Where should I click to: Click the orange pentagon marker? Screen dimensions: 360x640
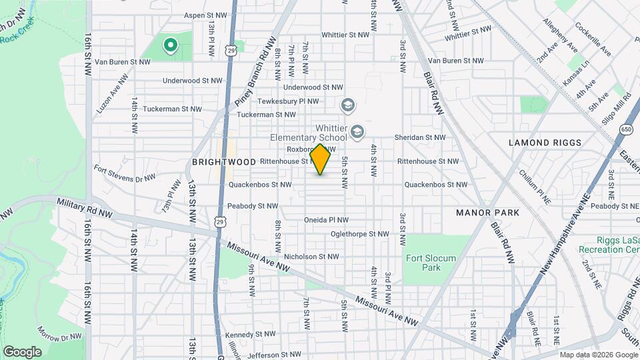click(320, 159)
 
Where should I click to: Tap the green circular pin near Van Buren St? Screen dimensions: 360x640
click(170, 45)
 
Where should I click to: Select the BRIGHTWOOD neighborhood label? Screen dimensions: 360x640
click(215, 162)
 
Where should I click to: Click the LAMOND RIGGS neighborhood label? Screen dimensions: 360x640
click(545, 143)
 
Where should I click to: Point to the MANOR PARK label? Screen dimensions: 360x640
click(487, 213)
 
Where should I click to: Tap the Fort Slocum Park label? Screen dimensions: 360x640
click(422, 263)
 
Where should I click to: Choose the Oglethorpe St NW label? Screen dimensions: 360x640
click(359, 234)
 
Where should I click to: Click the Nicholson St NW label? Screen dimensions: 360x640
click(311, 256)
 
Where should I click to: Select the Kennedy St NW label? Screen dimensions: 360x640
click(250, 334)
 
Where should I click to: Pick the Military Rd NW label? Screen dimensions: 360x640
click(85, 208)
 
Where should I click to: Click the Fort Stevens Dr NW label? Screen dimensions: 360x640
click(125, 173)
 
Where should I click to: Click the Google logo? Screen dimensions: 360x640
click(22, 352)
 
